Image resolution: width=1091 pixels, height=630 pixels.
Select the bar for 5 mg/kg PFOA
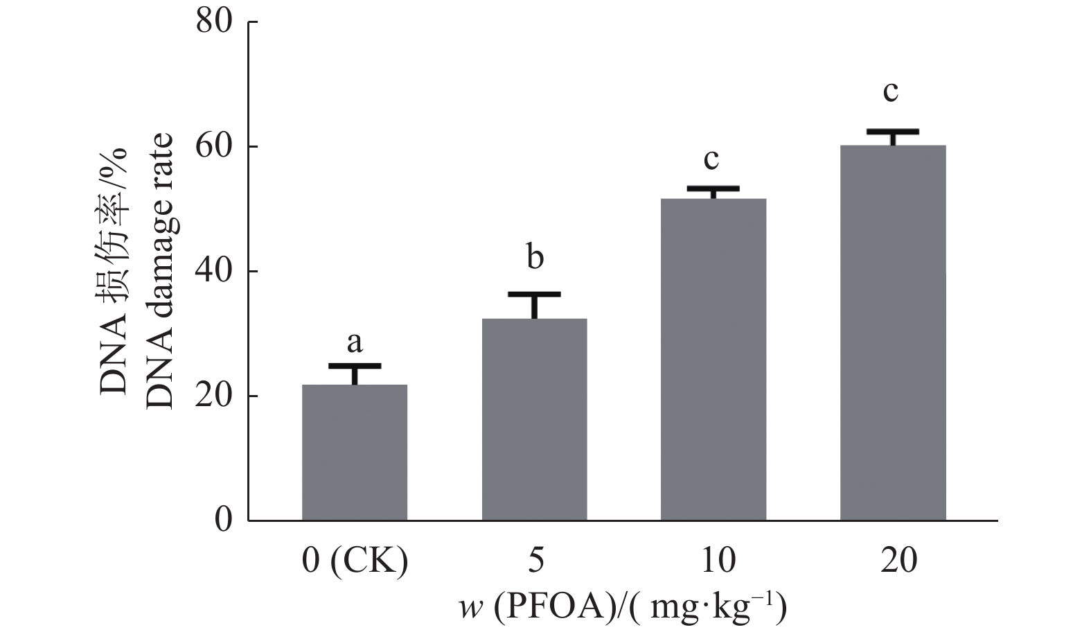(x=534, y=419)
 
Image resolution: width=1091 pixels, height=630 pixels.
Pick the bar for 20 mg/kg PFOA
(x=893, y=333)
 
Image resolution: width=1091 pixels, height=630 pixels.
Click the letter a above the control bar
(x=355, y=342)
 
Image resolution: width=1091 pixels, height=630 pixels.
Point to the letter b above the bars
(x=534, y=257)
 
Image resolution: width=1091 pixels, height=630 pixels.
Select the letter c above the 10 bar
(x=711, y=159)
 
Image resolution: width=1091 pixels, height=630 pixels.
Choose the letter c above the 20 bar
(x=892, y=91)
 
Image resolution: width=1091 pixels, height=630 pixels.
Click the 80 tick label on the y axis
(x=213, y=22)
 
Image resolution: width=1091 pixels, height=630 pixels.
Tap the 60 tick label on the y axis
(x=213, y=147)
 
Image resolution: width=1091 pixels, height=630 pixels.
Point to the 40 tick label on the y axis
(x=213, y=272)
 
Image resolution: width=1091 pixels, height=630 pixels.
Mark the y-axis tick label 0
(x=222, y=520)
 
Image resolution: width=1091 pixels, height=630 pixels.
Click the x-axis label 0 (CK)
(x=355, y=560)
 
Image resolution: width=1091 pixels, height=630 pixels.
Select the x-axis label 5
(x=535, y=560)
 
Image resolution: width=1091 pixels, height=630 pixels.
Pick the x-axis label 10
(x=713, y=560)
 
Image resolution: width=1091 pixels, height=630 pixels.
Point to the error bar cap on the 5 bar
(x=534, y=295)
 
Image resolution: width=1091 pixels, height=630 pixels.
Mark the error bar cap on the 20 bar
(x=893, y=131)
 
